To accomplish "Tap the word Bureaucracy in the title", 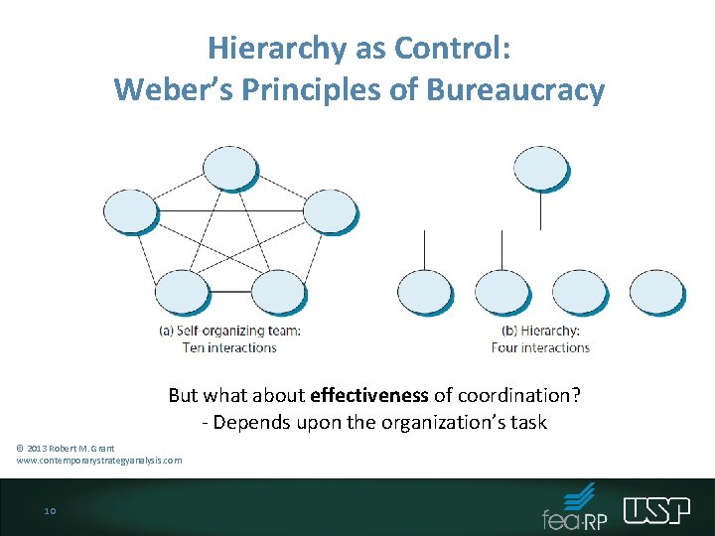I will click(515, 90).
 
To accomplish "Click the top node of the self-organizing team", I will click(228, 169).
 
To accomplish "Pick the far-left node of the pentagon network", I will click(132, 211).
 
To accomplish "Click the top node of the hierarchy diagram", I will click(540, 169).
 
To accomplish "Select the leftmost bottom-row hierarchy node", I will click(424, 293).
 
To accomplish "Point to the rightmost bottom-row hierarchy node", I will click(657, 293).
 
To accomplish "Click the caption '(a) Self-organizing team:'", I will click(229, 332).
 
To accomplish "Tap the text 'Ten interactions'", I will click(229, 347).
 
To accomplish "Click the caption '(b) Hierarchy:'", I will click(541, 332).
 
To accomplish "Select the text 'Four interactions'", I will click(541, 347).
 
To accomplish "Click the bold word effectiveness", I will click(369, 395).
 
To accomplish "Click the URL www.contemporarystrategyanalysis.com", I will click(99, 461).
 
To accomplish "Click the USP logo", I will click(656, 510).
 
